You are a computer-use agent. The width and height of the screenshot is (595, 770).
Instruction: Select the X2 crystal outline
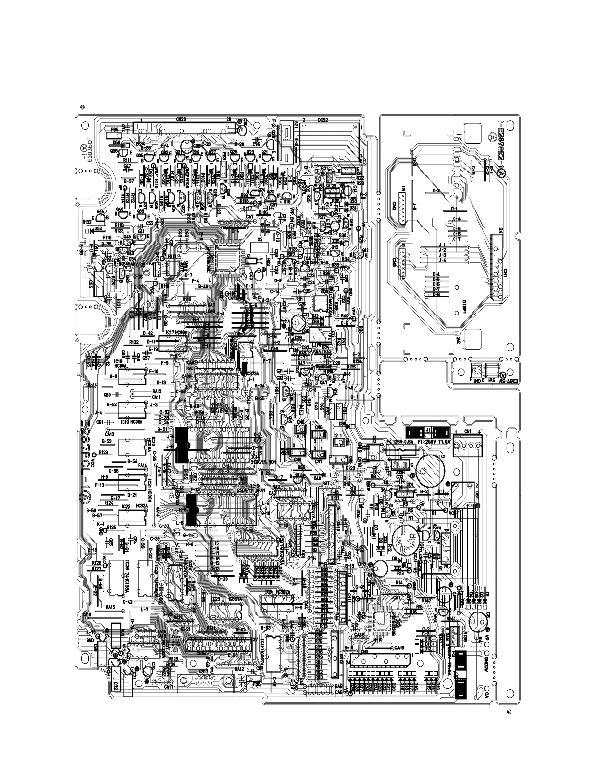point(260,246)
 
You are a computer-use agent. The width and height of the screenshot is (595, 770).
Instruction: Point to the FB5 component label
point(115,130)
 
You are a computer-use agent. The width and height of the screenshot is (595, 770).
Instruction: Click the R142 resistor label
point(427,600)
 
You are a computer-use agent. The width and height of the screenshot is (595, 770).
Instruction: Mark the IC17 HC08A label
point(176,332)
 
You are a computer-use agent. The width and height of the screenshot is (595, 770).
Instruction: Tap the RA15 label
point(110,607)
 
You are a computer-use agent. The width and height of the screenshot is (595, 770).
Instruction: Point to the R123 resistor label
point(103,452)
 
